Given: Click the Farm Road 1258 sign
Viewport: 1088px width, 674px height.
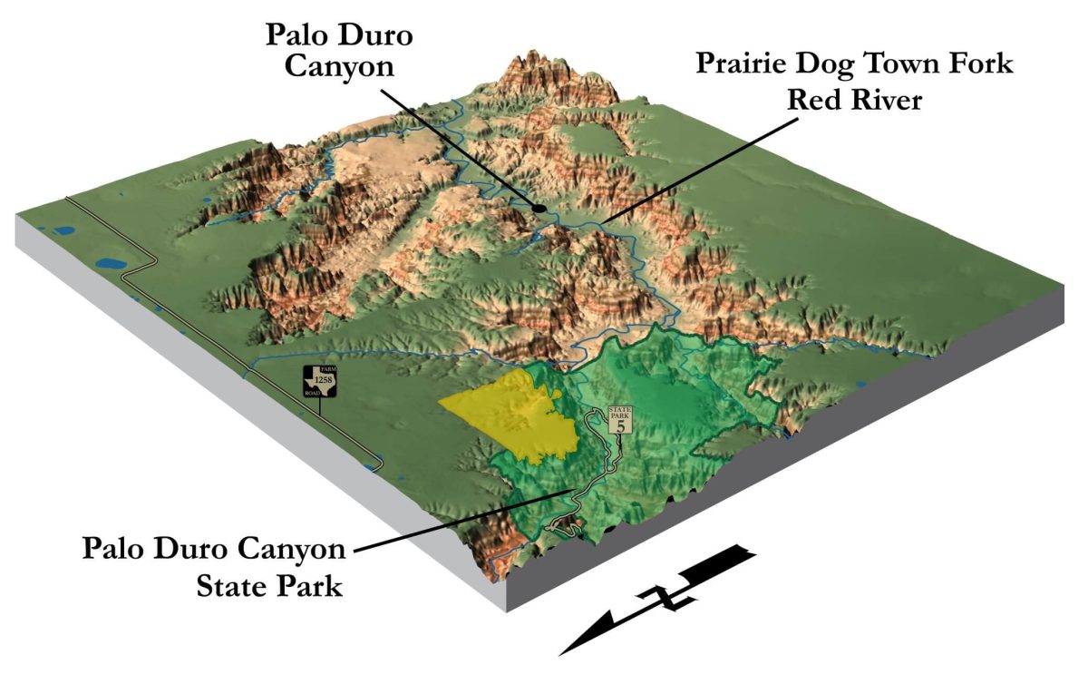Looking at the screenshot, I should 322,382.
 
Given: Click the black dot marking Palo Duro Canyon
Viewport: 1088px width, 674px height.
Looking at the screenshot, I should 539,208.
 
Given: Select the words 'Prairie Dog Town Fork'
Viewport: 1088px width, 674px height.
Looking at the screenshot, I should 854,65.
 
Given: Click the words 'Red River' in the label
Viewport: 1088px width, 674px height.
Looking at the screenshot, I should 854,99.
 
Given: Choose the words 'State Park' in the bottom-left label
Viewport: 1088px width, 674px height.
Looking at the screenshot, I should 270,585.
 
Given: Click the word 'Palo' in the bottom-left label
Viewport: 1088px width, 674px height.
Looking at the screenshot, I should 116,550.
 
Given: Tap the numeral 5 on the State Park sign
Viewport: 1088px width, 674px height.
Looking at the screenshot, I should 620,425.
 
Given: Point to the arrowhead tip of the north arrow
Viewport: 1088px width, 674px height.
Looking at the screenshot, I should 564,651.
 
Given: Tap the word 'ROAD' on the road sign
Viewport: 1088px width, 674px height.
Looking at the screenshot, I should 313,393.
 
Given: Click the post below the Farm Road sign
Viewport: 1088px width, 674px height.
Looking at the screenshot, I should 322,405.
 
